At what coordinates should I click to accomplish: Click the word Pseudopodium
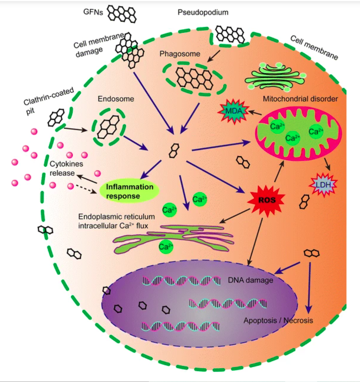pos(203,12)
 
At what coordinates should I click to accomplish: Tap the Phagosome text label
pos(180,54)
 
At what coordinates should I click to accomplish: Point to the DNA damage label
pos(256,280)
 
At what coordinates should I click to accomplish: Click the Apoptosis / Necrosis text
pos(278,320)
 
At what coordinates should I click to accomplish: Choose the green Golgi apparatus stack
pos(276,76)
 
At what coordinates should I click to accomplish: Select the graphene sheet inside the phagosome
pos(194,77)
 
